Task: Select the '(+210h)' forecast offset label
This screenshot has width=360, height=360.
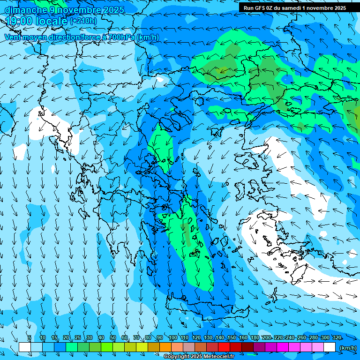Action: [83, 21]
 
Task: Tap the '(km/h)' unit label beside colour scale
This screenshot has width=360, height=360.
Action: [347, 347]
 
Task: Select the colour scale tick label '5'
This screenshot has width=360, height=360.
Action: [29, 337]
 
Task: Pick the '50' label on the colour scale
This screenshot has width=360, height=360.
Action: [113, 337]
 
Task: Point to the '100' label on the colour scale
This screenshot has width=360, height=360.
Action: [172, 337]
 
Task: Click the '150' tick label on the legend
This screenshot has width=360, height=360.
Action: [232, 337]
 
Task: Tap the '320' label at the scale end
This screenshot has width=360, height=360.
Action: [337, 337]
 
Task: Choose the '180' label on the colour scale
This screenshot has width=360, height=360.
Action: [255, 337]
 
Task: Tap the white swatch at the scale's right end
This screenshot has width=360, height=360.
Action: [330, 347]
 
